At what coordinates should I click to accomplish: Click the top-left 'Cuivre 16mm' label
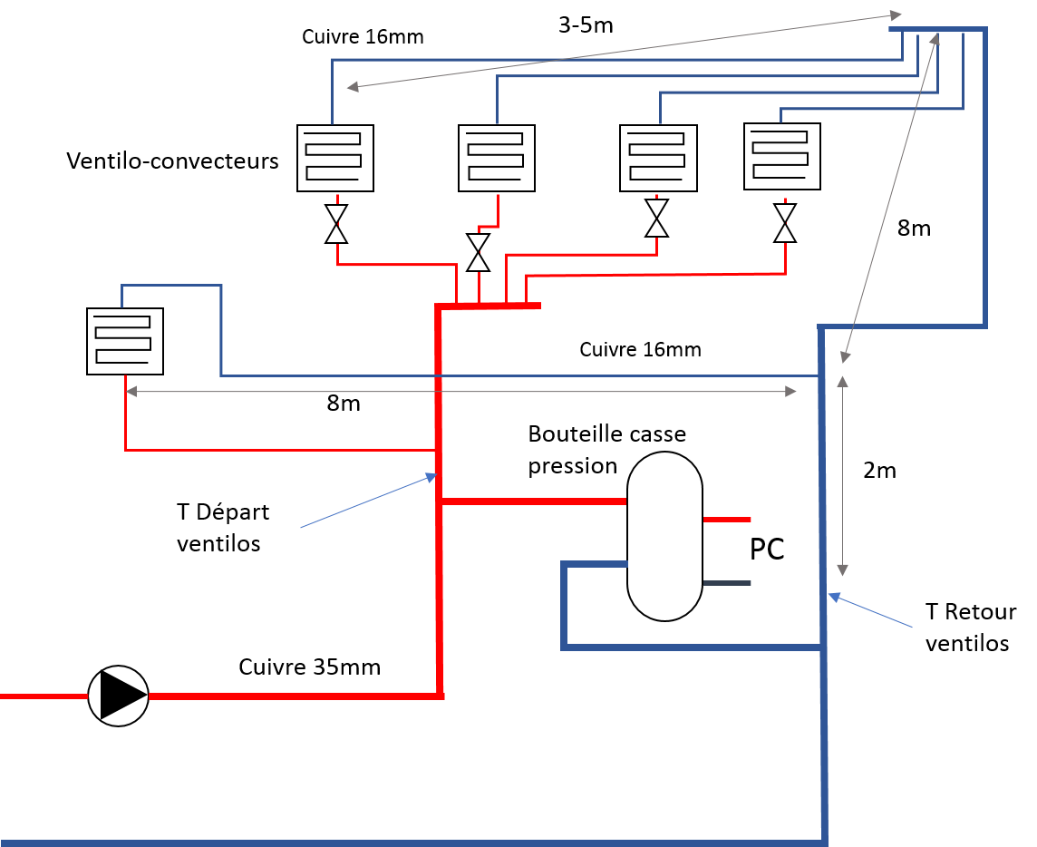click(373, 37)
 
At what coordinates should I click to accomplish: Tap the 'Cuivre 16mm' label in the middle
click(651, 349)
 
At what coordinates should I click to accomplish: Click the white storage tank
click(664, 536)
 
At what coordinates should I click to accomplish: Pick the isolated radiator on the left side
click(125, 341)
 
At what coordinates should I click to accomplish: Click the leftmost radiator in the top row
click(335, 158)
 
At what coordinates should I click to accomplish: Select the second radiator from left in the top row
click(497, 158)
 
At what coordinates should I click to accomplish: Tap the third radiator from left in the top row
click(659, 158)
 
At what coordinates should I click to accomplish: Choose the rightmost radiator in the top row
click(782, 156)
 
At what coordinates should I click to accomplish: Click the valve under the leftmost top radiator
click(336, 224)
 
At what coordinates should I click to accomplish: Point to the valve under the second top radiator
click(478, 253)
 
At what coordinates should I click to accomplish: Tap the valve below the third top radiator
click(656, 218)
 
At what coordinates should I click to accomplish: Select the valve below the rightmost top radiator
click(785, 223)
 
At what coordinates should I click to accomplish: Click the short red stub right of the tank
click(727, 520)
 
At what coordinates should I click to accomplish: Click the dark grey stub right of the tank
click(727, 583)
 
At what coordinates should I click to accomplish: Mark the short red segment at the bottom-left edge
click(44, 696)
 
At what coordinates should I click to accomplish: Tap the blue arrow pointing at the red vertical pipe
click(368, 501)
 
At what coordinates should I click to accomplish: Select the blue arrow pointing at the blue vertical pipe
click(870, 611)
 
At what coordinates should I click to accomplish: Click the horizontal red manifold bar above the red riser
click(489, 307)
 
